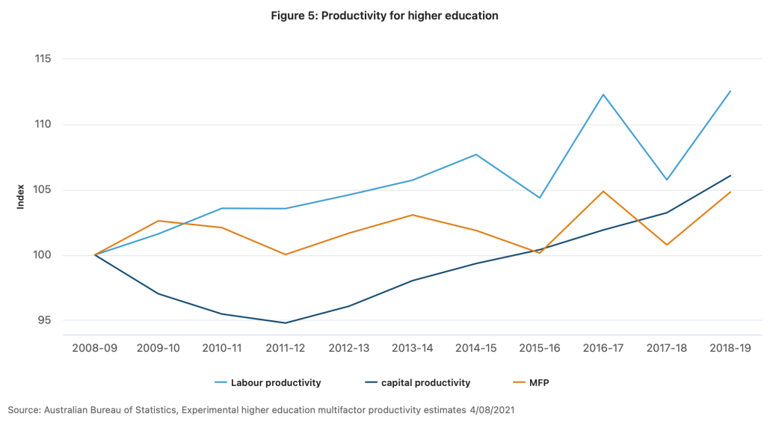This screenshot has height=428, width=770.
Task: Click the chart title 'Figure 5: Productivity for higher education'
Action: click(384, 16)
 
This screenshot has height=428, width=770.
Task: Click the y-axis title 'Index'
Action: click(21, 196)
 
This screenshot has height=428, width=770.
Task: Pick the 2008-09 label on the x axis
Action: click(95, 348)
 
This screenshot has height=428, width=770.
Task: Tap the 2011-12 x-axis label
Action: click(285, 348)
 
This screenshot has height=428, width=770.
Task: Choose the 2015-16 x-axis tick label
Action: click(539, 348)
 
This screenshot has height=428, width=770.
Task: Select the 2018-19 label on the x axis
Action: click(730, 348)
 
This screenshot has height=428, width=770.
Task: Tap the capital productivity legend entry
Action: click(425, 383)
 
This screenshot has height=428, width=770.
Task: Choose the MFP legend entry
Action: click(538, 383)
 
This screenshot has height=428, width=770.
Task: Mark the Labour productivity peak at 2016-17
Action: click(603, 94)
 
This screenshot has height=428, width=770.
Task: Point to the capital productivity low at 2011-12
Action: click(285, 323)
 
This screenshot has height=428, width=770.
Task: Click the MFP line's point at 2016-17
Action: click(603, 191)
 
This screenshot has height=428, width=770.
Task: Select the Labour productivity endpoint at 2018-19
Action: click(730, 91)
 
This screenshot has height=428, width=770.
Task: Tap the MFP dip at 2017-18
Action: click(666, 245)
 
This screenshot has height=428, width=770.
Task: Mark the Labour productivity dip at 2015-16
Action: click(539, 198)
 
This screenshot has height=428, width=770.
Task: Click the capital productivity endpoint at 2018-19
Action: click(730, 176)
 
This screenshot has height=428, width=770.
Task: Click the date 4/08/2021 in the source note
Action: click(490, 410)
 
